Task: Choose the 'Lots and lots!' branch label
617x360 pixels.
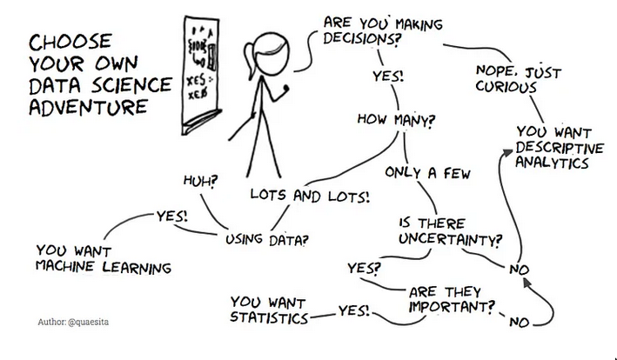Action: (310, 196)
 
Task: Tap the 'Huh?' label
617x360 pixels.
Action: (201, 183)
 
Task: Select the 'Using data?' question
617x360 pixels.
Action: (265, 237)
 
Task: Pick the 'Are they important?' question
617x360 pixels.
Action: (452, 298)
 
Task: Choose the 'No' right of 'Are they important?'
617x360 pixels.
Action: (520, 323)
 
